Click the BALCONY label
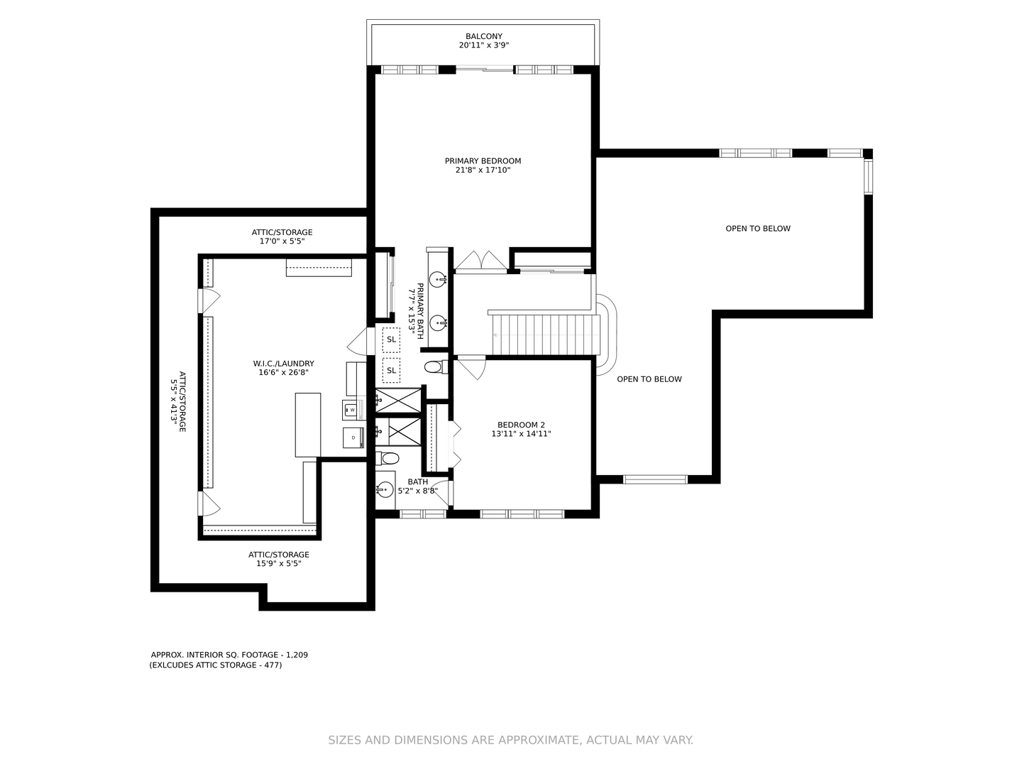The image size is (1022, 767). [x=484, y=36]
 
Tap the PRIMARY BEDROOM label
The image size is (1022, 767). [x=483, y=161]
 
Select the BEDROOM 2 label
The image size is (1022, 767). [x=521, y=425]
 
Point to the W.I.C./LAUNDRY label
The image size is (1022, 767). [x=284, y=364]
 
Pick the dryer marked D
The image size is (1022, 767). [x=353, y=437]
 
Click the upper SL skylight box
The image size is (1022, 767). [x=391, y=339]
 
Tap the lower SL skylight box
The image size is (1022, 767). [x=391, y=370]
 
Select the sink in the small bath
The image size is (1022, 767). [x=385, y=489]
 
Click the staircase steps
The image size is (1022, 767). [x=546, y=334]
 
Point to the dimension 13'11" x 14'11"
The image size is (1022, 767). [x=521, y=434]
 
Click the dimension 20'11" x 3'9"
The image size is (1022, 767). [x=484, y=45]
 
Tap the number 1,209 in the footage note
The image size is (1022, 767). [x=297, y=655]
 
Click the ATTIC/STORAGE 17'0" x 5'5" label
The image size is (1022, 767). [x=282, y=236]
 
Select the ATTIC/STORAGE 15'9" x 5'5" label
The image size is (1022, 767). [x=279, y=559]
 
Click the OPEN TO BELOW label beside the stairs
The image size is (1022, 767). [x=649, y=379]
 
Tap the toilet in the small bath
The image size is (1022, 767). [x=388, y=458]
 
